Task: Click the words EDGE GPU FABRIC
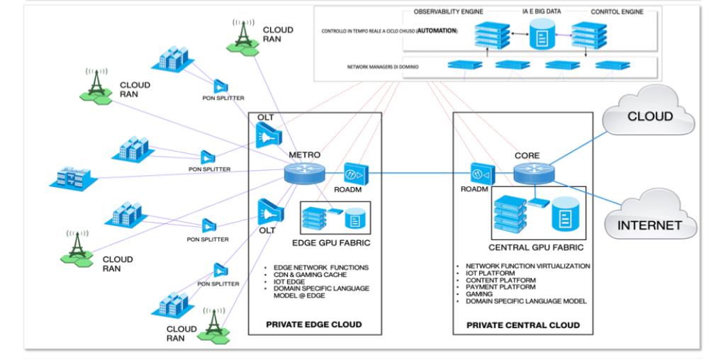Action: coord(337,243)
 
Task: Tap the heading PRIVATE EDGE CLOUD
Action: coord(313,325)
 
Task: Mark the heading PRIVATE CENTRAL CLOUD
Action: coord(523,325)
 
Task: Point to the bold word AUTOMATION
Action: coord(437,32)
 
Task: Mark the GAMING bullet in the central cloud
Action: coord(481,294)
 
